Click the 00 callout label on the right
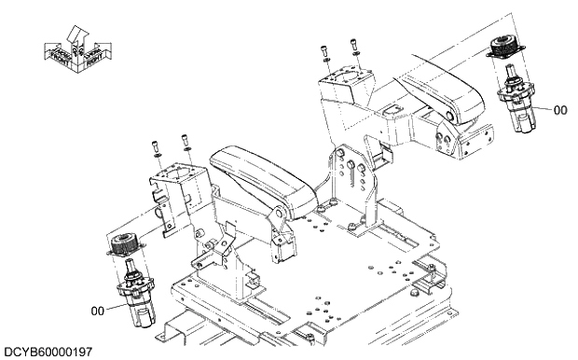pyautogui.click(x=560, y=110)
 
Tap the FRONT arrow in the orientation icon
pyautogui.click(x=56, y=55)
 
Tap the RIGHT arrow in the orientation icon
pyautogui.click(x=94, y=56)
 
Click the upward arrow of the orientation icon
pyautogui.click(x=76, y=36)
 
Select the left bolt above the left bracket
pyautogui.click(x=155, y=146)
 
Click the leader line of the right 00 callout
pyautogui.click(x=542, y=106)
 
